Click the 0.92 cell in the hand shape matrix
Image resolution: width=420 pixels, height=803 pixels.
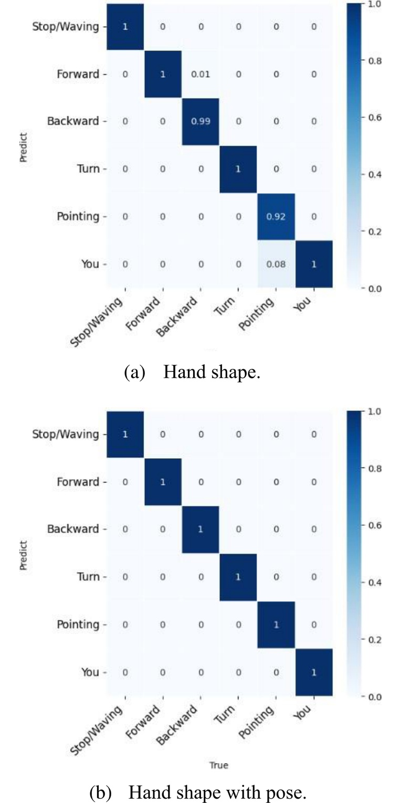coord(275,217)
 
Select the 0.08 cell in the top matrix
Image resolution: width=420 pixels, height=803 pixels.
coord(275,265)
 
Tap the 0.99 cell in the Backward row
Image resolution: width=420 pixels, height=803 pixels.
coord(200,122)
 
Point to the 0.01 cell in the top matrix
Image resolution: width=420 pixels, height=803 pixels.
coord(200,74)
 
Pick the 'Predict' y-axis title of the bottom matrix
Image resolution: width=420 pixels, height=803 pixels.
coord(24,554)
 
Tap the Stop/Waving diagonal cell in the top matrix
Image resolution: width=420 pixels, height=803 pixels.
coord(124,27)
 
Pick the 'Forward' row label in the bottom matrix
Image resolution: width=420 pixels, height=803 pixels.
coord(79,482)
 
